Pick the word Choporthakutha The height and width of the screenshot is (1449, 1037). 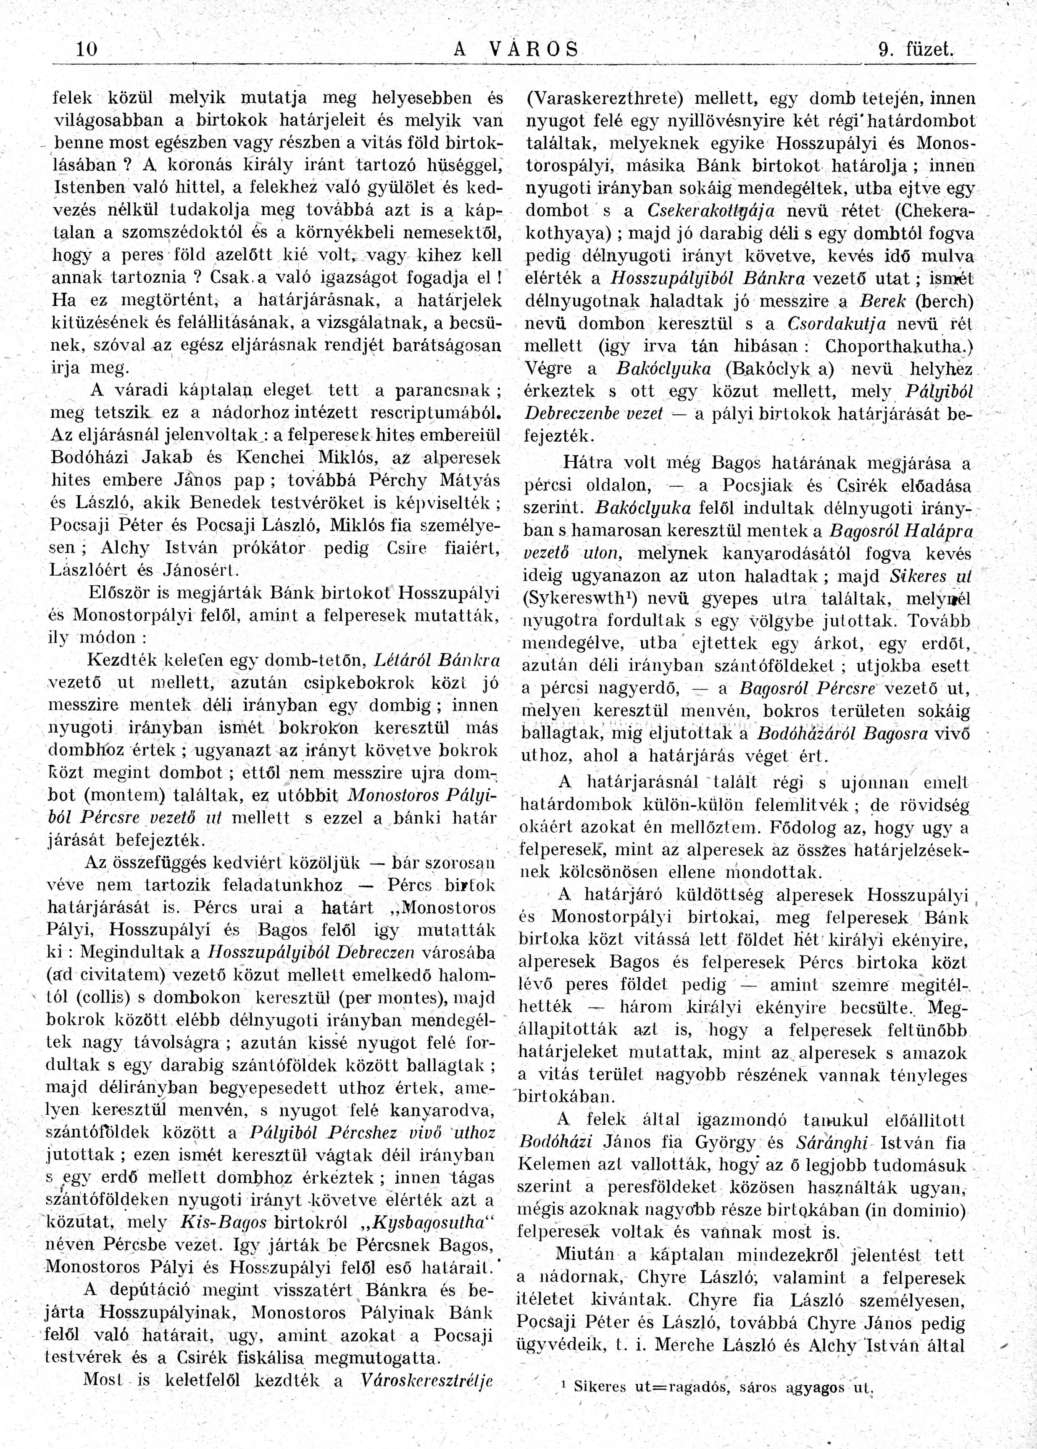[895, 346]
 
